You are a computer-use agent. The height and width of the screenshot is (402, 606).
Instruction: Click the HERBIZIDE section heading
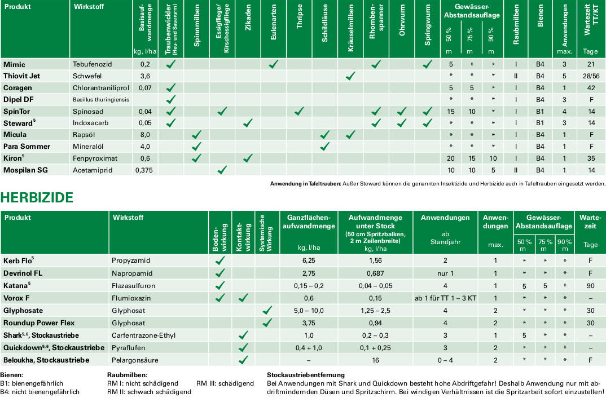pos(37,197)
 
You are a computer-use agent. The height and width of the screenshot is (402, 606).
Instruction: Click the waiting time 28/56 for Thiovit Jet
pos(591,76)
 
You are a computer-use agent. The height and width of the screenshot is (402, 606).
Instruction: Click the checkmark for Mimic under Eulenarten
pos(274,64)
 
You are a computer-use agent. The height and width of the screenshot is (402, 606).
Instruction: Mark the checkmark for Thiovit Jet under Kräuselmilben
pos(350,76)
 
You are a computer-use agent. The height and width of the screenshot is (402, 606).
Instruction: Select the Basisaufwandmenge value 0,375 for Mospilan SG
pos(145,170)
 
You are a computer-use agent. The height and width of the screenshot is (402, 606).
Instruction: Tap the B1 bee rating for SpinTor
pos(540,112)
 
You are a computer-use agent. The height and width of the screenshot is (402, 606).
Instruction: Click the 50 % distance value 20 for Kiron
pos(451,158)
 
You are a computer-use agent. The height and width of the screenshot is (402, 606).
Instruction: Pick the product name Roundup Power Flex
pos(39,323)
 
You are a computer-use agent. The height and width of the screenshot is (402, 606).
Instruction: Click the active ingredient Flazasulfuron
pos(134,286)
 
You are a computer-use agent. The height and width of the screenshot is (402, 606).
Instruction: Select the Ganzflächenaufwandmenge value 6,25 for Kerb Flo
pos(308,261)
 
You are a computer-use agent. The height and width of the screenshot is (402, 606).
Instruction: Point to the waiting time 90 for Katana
pos(591,286)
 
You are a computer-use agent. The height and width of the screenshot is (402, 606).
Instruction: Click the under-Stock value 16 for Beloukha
pos(375,360)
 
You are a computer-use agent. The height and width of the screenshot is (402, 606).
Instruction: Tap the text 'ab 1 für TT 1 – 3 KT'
pos(445,298)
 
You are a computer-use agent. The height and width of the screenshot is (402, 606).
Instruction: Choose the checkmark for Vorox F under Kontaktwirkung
pos(244,298)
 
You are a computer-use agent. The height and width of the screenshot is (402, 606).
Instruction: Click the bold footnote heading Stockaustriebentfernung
pos(305,374)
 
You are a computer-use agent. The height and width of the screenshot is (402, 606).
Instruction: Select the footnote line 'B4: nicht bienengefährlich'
pos(39,392)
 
